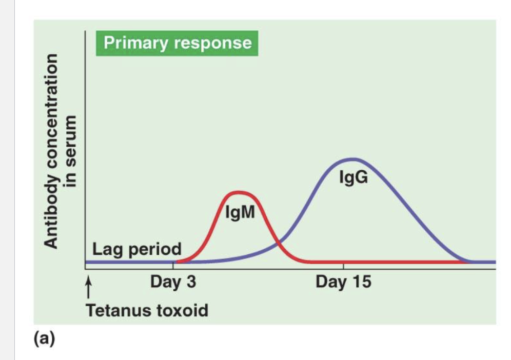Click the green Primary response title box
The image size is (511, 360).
point(178,43)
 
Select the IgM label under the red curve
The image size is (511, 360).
point(240,211)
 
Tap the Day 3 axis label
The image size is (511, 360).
point(173,282)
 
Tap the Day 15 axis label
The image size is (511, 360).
point(343,282)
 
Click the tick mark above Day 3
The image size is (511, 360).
point(173,266)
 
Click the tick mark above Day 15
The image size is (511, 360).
point(343,267)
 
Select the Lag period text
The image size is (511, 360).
point(137,249)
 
